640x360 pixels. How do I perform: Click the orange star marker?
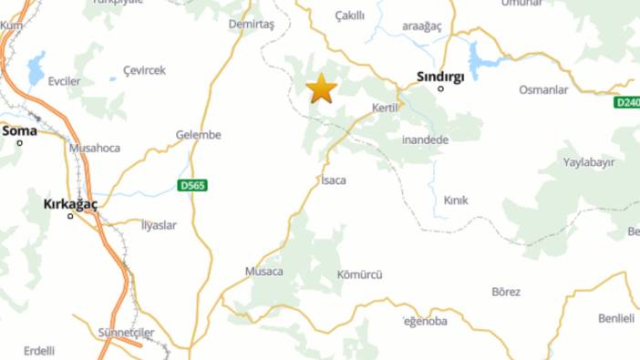click(x=321, y=88)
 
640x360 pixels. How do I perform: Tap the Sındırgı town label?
click(x=440, y=77)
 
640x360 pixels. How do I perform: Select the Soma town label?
click(x=19, y=131)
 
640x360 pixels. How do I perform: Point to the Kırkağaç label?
click(x=70, y=204)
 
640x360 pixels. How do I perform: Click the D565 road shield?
click(x=191, y=186)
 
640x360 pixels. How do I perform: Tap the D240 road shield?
click(x=627, y=103)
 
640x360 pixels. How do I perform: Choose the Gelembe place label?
click(x=199, y=135)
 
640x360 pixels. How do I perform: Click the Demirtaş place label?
click(x=252, y=24)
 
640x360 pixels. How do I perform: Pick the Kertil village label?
click(x=387, y=108)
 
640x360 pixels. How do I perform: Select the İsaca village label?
click(x=334, y=180)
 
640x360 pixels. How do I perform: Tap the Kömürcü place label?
click(x=360, y=274)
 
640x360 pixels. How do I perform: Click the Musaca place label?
click(x=264, y=272)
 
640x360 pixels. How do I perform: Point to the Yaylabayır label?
click(x=589, y=161)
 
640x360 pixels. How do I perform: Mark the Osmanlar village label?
click(x=543, y=90)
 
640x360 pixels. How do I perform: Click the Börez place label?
click(x=506, y=292)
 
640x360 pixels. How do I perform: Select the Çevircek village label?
click(x=145, y=70)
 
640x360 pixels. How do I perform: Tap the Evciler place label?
click(x=65, y=81)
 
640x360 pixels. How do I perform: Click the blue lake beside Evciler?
click(x=36, y=67)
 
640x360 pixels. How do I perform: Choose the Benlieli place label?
click(x=615, y=318)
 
